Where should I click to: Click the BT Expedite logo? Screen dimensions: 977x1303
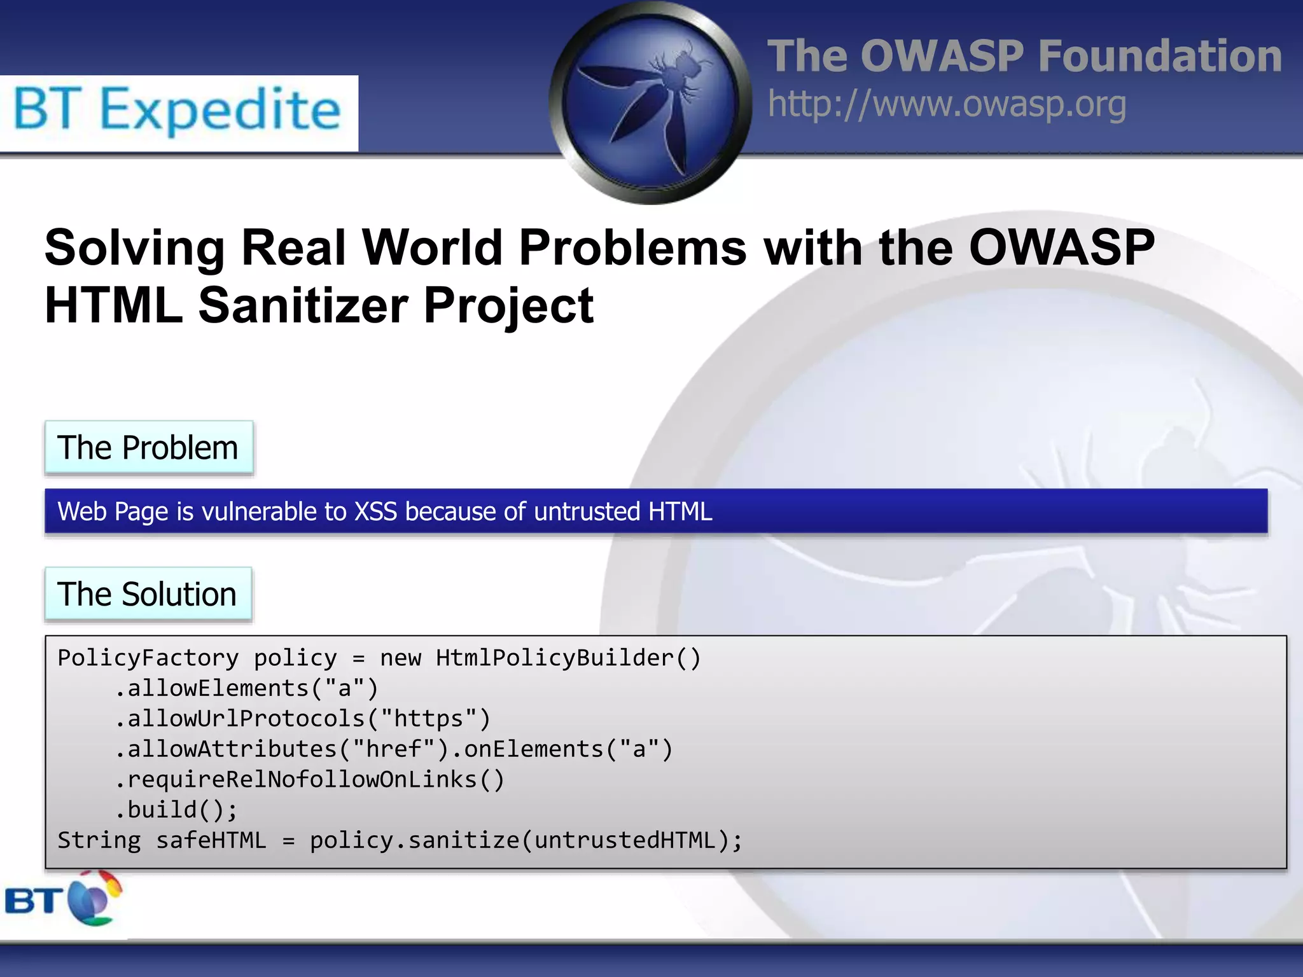(178, 112)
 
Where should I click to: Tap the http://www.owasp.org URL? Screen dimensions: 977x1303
(947, 104)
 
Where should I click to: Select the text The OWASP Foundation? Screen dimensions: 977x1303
(1024, 56)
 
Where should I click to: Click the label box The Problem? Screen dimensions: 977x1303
(148, 448)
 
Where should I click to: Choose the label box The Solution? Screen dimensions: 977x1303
(148, 594)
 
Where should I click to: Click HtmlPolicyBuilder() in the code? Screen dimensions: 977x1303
(568, 658)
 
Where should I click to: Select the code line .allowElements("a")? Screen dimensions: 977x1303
(247, 688)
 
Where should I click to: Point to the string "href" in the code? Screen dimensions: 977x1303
(394, 749)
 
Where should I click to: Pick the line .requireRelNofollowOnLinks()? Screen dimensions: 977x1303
(310, 780)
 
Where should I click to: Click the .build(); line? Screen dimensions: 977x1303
(176, 810)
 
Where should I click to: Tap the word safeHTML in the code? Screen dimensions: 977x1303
(211, 840)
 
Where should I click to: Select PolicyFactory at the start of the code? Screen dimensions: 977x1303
(148, 658)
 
